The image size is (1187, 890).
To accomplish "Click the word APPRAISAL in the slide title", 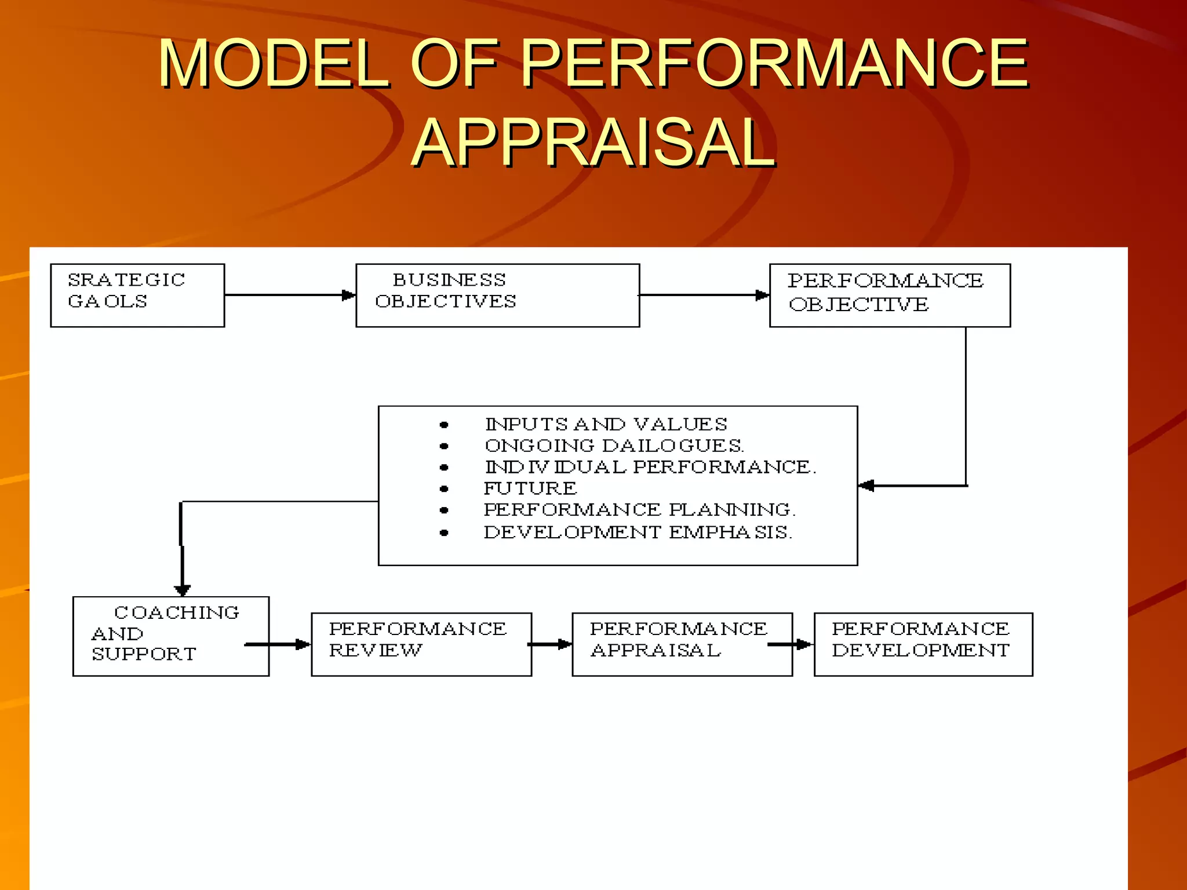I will [593, 143].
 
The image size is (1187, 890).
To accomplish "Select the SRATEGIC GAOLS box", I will [137, 296].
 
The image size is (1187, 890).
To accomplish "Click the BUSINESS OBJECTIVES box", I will [497, 296].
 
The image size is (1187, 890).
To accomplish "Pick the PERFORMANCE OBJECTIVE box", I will [890, 296].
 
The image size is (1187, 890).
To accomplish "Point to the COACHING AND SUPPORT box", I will [171, 636].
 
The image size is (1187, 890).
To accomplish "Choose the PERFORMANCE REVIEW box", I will [421, 644].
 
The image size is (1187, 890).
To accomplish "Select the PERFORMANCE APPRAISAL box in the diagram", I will [682, 644].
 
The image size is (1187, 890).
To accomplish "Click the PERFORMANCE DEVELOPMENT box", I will [923, 644].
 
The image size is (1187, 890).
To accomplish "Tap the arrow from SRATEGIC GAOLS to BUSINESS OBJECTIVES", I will [290, 295].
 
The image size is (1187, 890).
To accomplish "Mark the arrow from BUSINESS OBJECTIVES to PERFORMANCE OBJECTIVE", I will [704, 295].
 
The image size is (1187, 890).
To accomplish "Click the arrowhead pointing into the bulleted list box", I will [866, 486].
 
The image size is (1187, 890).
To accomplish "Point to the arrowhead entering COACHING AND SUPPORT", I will [183, 590].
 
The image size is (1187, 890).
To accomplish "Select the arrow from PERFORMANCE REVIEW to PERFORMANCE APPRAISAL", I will [551, 644].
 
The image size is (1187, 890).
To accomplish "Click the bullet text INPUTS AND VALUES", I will [606, 424].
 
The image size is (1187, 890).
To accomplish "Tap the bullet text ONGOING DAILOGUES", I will [614, 446].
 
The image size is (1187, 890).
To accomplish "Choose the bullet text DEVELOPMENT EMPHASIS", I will [638, 532].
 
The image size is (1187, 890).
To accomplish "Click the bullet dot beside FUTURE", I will [444, 489].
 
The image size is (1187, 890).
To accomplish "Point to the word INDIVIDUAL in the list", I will [555, 467].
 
